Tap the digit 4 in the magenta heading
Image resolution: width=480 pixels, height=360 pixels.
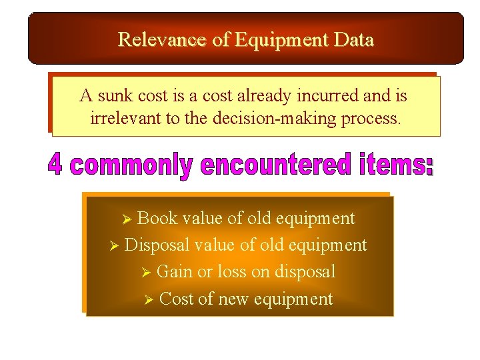(55, 165)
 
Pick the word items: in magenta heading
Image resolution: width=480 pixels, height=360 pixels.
(393, 165)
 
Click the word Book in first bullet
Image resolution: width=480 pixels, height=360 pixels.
(157, 219)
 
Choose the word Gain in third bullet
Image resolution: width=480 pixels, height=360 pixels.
(174, 272)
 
